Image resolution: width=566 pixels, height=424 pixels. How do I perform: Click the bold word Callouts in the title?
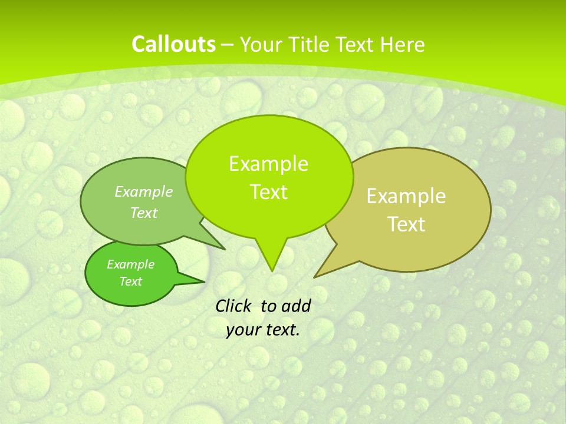[x=173, y=44]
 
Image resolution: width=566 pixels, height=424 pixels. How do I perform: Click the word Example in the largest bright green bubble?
[x=268, y=164]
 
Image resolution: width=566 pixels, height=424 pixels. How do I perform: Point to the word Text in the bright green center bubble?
[x=268, y=192]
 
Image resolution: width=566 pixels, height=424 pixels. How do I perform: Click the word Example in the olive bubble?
[x=406, y=196]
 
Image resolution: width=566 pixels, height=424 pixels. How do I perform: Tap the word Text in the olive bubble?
[x=406, y=224]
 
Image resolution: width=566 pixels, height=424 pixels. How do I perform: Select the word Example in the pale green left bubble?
[x=144, y=191]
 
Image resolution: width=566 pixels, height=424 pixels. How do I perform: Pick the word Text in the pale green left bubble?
[x=144, y=213]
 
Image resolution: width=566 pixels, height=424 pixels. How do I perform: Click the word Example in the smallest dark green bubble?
[x=131, y=264]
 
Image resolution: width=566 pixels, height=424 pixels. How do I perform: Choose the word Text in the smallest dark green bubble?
[x=131, y=281]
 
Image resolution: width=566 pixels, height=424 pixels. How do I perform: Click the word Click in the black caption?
[x=235, y=306]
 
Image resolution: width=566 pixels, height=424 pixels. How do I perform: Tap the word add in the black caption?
[x=296, y=306]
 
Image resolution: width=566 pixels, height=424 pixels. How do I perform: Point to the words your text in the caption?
[x=263, y=330]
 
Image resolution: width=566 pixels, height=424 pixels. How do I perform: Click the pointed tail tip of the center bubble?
[x=271, y=271]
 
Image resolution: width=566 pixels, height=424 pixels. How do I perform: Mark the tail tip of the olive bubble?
[x=315, y=277]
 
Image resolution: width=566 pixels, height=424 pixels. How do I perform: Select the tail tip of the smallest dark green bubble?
[x=204, y=281]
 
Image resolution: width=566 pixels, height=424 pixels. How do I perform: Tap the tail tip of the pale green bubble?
[x=225, y=249]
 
